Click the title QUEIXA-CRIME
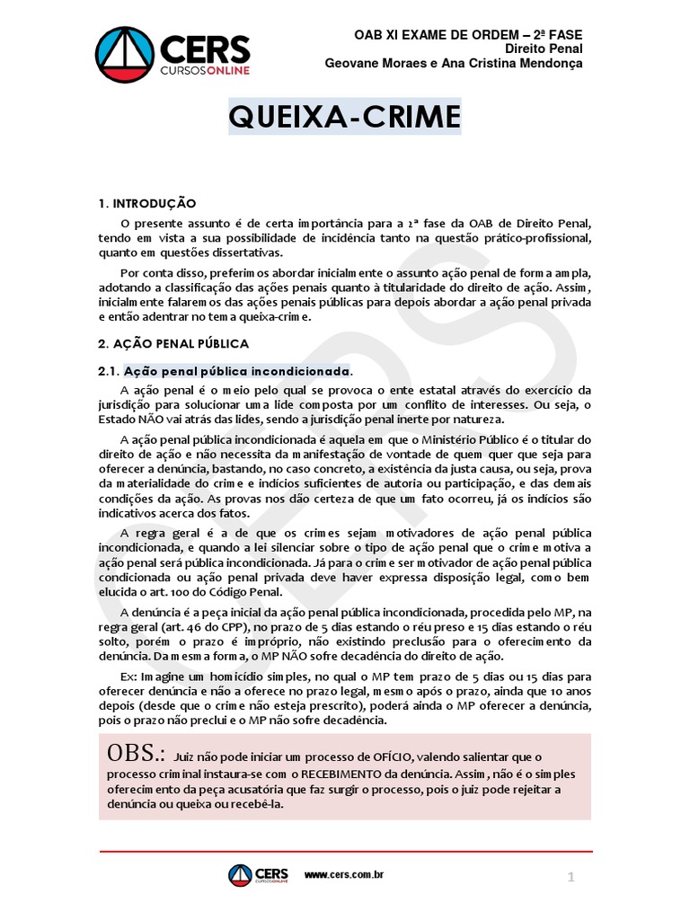(344, 117)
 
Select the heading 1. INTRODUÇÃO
(146, 204)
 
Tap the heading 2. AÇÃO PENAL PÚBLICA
(172, 343)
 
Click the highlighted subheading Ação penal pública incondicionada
(237, 371)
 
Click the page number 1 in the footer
(571, 878)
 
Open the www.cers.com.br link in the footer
(344, 875)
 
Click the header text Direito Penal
(544, 49)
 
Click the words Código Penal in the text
(280, 592)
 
